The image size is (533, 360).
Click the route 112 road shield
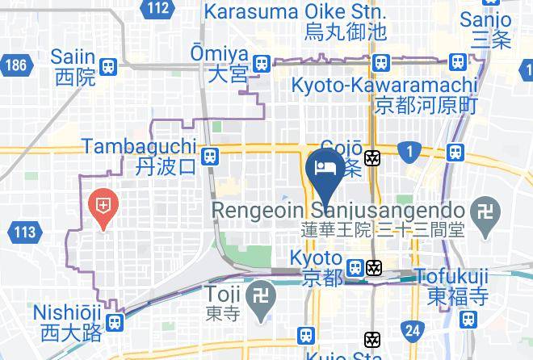[x=158, y=9]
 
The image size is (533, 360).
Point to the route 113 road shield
[x=24, y=232]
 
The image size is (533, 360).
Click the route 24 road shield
[x=413, y=329]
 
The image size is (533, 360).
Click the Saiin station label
[x=73, y=67]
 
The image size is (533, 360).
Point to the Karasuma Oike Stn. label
[x=295, y=22]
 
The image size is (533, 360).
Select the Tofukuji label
[x=451, y=286]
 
